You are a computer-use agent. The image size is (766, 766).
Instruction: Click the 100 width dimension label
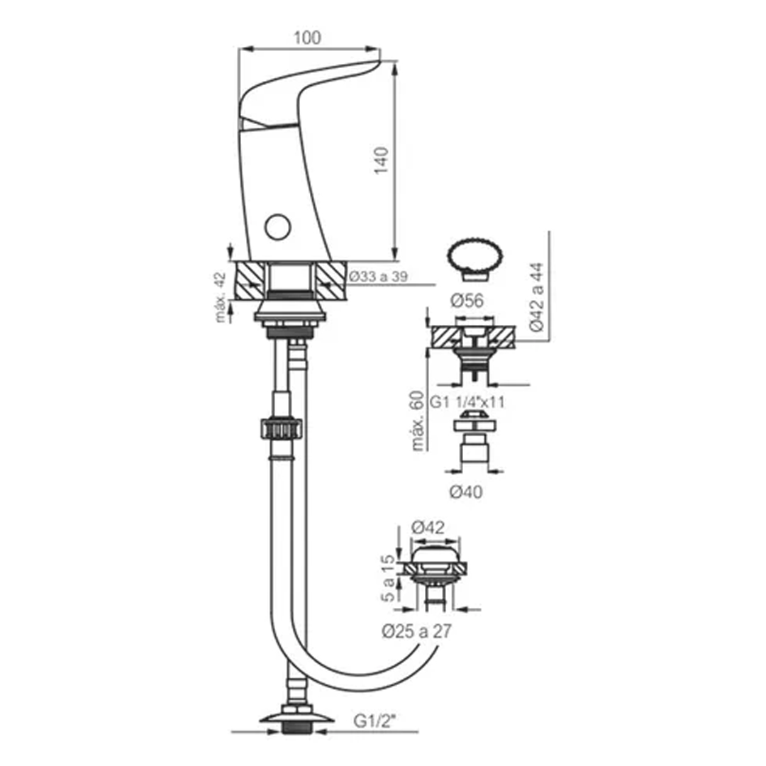click(x=307, y=38)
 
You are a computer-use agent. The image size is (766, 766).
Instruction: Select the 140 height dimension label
click(x=381, y=160)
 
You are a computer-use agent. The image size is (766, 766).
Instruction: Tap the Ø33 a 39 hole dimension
click(x=377, y=277)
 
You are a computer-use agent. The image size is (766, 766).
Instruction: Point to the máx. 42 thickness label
click(x=221, y=297)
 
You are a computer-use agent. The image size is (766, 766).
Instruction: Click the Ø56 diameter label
click(x=467, y=301)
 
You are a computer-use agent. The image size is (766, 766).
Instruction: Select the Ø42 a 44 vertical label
click(x=536, y=297)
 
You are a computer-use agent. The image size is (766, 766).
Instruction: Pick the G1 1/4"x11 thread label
click(x=467, y=402)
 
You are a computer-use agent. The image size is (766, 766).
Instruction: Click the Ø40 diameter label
click(x=465, y=492)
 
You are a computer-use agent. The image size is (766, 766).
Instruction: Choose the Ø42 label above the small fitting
click(x=428, y=527)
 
